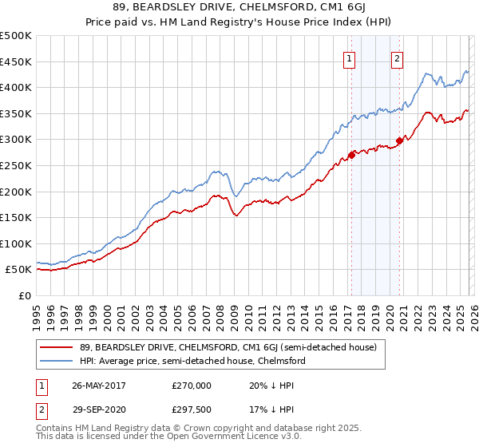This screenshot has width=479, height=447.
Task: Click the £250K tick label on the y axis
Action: [x=16, y=165]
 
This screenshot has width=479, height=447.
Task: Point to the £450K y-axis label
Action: [x=16, y=61]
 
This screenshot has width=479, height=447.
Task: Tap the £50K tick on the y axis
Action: [x=18, y=270]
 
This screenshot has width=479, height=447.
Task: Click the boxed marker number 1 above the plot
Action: [x=350, y=57]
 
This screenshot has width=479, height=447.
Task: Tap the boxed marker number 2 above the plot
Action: [x=397, y=57]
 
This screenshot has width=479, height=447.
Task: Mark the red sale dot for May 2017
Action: [x=351, y=155]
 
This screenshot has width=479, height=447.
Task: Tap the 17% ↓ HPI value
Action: [x=271, y=410]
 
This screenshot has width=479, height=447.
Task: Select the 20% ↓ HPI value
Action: [x=271, y=385]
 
